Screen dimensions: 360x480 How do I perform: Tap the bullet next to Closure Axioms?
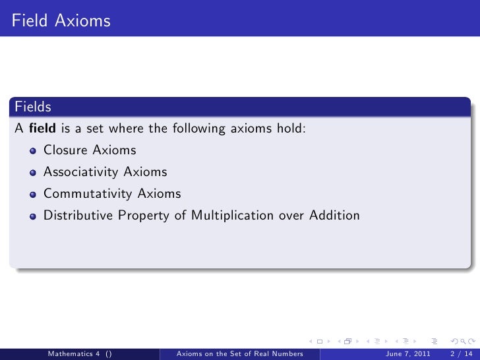pyautogui.click(x=33, y=151)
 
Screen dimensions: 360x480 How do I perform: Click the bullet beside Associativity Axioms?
pyautogui.click(x=33, y=173)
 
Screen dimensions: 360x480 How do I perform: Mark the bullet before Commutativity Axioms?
pyautogui.click(x=33, y=195)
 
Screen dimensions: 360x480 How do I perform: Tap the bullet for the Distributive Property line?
pyautogui.click(x=33, y=216)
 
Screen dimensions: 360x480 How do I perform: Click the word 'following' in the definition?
pyautogui.click(x=197, y=129)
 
